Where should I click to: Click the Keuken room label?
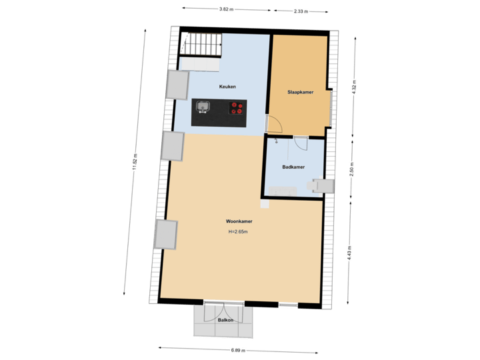[x=227, y=87]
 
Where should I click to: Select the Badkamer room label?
[x=293, y=167]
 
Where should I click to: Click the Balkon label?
[x=224, y=321]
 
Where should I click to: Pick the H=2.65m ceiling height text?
[x=238, y=232]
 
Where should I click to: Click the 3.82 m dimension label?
[x=227, y=9]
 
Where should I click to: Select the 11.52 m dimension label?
[x=135, y=163]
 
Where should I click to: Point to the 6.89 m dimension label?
[x=238, y=350]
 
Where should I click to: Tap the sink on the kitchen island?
[x=203, y=107]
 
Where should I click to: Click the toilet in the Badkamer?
[x=322, y=185]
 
